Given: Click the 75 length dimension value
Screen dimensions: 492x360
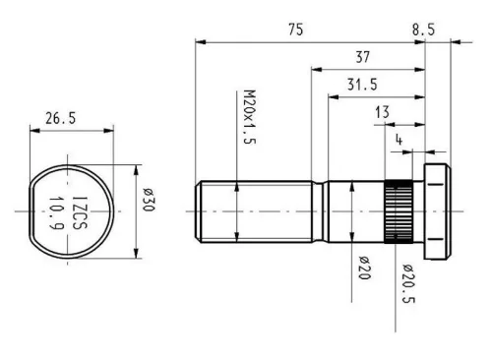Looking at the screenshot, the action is (x=296, y=30).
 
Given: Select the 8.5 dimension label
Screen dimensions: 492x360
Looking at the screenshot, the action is (x=423, y=30).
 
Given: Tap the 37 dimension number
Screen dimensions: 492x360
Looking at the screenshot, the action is (x=362, y=57).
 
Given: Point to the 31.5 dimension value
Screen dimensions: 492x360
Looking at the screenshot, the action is (x=362, y=85).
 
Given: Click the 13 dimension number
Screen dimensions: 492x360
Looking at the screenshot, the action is (x=382, y=112).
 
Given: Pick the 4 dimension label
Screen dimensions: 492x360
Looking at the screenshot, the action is (x=399, y=140).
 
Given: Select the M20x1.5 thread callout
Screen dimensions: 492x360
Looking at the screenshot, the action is (x=250, y=117).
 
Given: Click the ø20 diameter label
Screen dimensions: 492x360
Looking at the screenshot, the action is (x=364, y=268).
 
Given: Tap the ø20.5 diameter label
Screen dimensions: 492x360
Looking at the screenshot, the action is (x=408, y=283).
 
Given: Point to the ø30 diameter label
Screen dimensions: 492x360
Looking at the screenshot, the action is (x=148, y=200).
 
